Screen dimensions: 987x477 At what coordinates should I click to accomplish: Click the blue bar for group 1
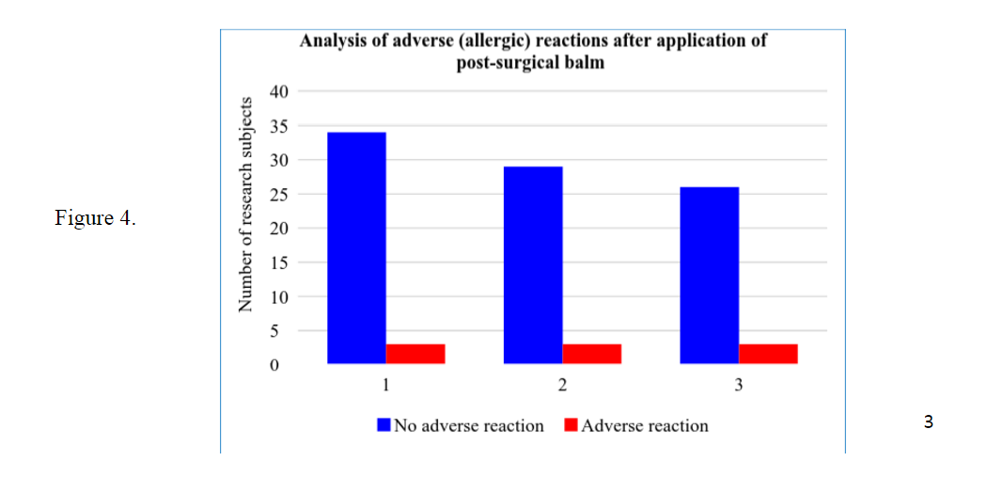coord(357,247)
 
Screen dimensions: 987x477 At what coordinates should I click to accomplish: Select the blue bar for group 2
coord(533,265)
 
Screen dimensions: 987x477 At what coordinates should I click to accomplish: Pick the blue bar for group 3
coord(710,276)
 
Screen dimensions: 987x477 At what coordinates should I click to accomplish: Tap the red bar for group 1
coord(415,354)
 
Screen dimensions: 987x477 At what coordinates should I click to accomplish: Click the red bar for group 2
coord(591,354)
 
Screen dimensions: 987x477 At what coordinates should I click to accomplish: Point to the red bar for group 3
coord(768,354)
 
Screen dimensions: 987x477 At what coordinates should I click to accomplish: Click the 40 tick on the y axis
coord(279,92)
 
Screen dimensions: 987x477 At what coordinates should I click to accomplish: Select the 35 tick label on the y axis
coord(279,126)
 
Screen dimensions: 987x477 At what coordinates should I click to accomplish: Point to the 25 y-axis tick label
coord(279,194)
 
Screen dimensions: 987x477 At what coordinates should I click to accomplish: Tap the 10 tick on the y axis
coord(279,296)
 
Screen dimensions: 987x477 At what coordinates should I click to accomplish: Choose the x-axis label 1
coord(386,385)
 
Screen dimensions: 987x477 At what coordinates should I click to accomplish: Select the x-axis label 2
coord(563,385)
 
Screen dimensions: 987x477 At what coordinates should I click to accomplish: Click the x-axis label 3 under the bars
coord(739,385)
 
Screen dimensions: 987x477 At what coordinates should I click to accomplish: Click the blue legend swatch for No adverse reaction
coord(384,424)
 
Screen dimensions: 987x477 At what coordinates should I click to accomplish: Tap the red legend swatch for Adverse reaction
coord(572,424)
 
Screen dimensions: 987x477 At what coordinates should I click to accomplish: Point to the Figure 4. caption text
coord(95,218)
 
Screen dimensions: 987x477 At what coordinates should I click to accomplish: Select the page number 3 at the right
coord(929,422)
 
